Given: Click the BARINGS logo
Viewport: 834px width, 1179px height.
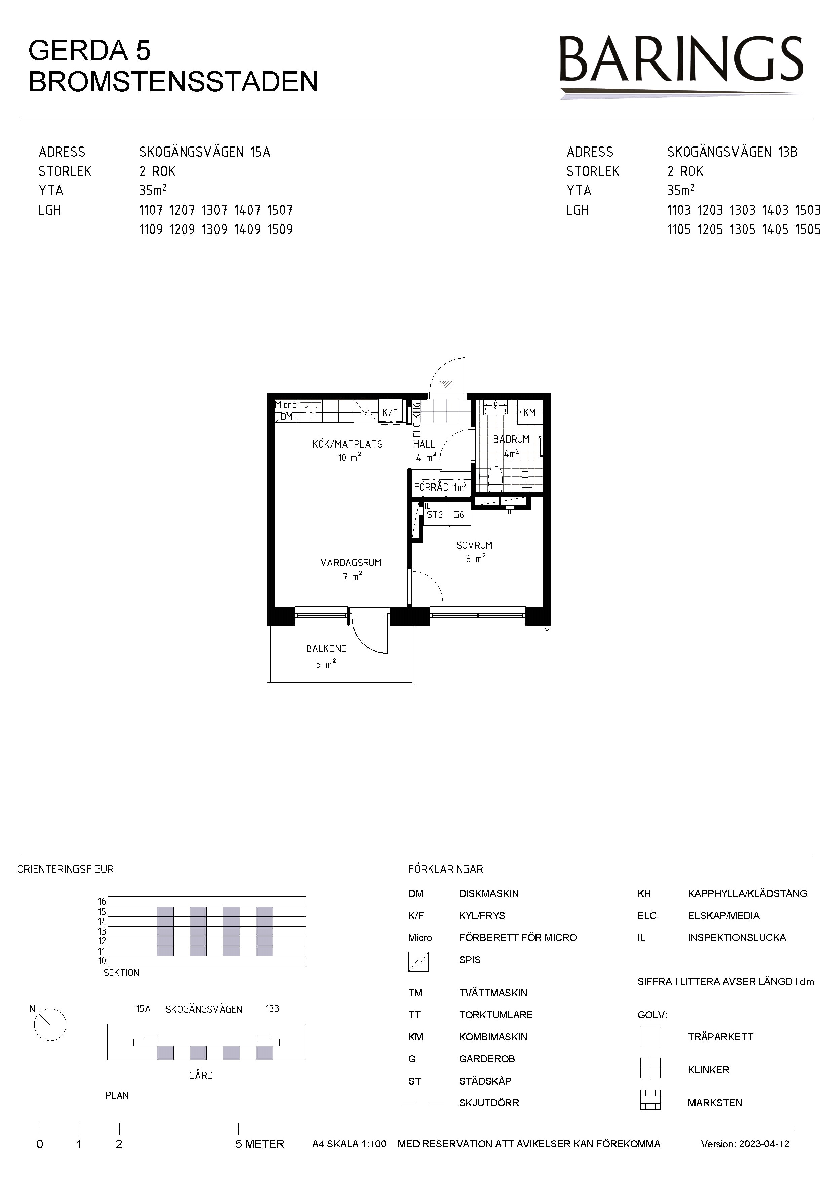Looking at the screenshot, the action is tap(681, 66).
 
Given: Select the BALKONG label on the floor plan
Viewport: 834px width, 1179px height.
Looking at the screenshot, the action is tap(326, 649).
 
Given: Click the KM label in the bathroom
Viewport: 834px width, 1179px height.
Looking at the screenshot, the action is tap(529, 412).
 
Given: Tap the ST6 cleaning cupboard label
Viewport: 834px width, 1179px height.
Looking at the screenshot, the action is tap(435, 514).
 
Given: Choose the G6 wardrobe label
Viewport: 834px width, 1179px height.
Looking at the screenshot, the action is tap(459, 514).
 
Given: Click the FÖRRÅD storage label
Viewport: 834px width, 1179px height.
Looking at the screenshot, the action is tap(432, 487).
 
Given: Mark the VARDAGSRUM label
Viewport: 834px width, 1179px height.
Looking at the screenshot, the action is tap(351, 563).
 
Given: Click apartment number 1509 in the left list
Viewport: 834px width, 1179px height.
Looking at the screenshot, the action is tap(280, 229).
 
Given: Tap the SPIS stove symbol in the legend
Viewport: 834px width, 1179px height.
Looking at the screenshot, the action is tap(418, 961).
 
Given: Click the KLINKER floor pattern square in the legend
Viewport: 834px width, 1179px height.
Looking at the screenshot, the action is tap(650, 1068).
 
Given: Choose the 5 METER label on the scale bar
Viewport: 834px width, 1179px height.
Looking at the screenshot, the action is tap(260, 1144).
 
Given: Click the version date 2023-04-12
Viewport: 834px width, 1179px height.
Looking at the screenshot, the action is tap(764, 1144).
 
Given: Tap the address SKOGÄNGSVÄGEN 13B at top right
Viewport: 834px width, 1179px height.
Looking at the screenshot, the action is tap(732, 152).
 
